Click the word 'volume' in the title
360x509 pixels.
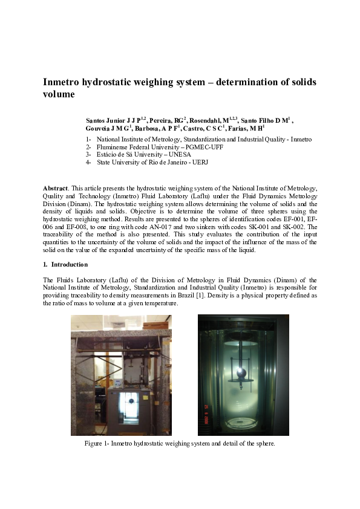click(59, 95)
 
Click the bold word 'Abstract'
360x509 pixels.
click(55, 189)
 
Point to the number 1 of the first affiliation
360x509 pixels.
click(88, 139)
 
